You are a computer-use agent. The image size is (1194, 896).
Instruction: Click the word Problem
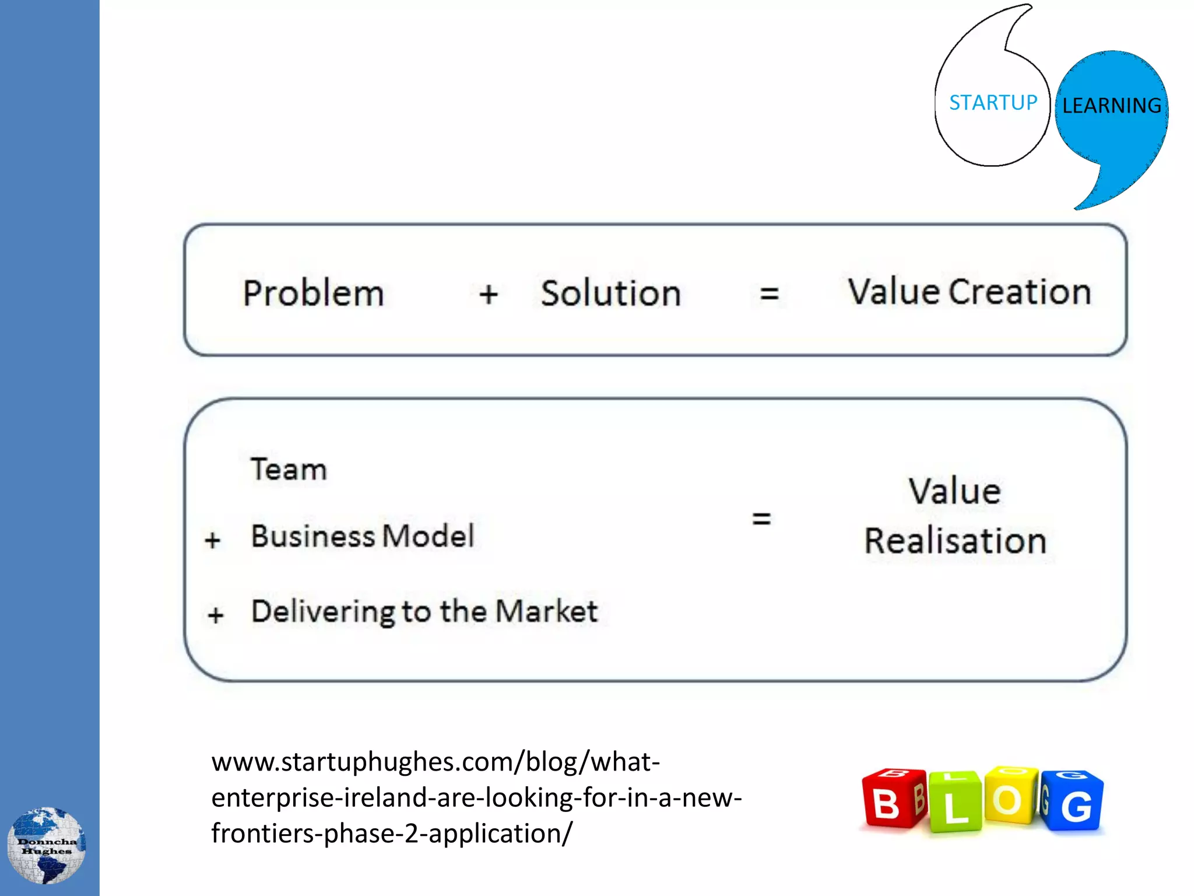[313, 293]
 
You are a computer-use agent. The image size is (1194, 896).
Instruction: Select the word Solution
[610, 293]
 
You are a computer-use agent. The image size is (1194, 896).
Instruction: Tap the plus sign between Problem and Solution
[489, 294]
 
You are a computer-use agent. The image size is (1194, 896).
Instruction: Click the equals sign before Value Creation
[769, 293]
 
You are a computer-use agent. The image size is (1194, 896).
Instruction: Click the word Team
[289, 469]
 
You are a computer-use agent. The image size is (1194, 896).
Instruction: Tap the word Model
[428, 535]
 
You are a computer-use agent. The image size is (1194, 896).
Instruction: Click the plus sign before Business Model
[213, 540]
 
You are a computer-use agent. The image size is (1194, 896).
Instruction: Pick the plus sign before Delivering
[216, 615]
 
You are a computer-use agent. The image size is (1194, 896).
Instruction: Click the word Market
[546, 611]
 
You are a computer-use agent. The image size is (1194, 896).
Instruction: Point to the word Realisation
[955, 541]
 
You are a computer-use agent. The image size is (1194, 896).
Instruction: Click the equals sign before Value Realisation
[761, 518]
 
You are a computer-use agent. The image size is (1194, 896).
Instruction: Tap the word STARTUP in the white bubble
[993, 103]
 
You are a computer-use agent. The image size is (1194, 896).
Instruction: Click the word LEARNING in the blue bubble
[1111, 106]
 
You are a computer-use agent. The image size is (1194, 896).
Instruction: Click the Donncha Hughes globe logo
[47, 845]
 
